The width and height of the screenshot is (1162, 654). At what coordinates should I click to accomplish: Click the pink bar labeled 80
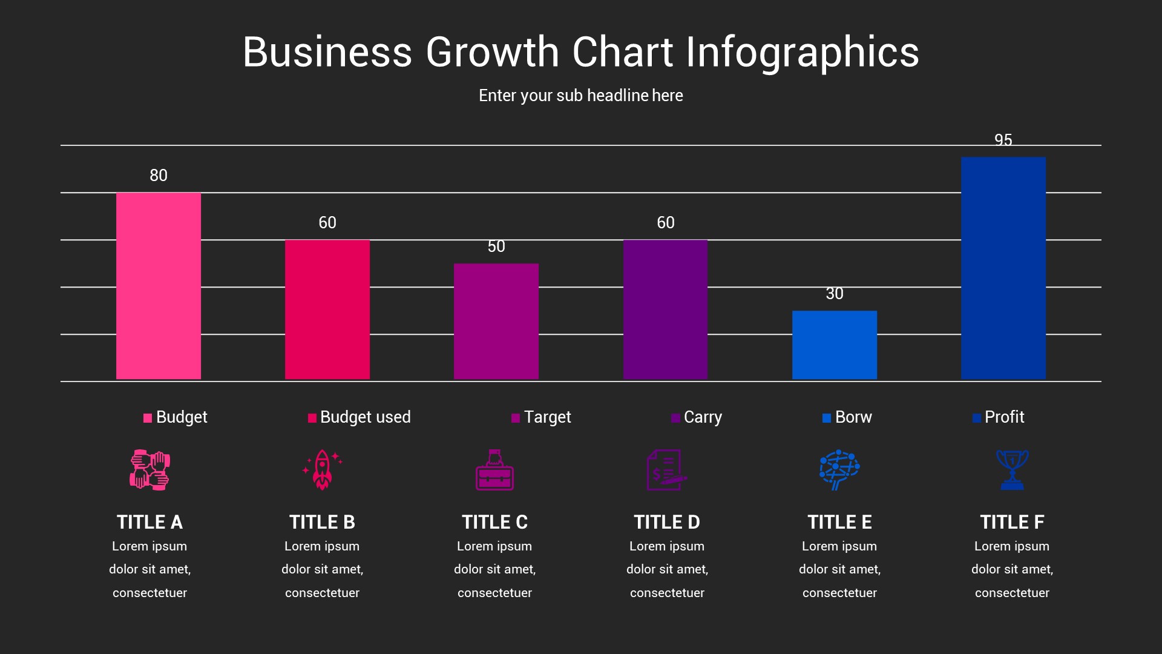point(158,286)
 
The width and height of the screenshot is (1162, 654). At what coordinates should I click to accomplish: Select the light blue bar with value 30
point(834,345)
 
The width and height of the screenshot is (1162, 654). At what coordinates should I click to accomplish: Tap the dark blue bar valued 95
point(1003,268)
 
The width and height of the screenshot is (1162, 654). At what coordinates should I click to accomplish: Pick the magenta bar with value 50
point(496,322)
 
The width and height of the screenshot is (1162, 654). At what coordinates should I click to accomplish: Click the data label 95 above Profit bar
point(1003,140)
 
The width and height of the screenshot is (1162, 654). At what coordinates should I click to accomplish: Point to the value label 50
point(496,246)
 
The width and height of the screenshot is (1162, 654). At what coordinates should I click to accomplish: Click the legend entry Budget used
point(359,417)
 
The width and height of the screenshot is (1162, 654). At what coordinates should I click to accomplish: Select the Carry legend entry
point(697,417)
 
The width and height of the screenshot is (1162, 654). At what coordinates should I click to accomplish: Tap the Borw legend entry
point(847,417)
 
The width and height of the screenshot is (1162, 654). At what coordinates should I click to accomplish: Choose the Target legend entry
point(542,417)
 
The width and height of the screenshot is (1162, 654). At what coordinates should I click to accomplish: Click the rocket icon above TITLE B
point(322,469)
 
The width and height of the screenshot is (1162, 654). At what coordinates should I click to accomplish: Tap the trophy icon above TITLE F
point(1012,469)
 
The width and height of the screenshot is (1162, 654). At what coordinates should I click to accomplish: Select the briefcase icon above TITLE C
point(494,470)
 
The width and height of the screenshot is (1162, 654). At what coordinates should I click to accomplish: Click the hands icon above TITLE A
point(149,469)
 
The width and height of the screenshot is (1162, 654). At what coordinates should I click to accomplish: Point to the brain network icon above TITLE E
point(839,469)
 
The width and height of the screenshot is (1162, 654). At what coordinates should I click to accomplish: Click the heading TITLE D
point(666,522)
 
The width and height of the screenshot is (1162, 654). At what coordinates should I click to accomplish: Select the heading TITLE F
point(1012,522)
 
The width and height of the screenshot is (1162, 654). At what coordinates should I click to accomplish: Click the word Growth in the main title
point(492,52)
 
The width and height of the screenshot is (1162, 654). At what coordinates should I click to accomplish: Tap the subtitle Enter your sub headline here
point(580,96)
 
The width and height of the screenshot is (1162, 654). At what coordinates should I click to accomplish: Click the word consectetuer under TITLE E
point(839,593)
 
